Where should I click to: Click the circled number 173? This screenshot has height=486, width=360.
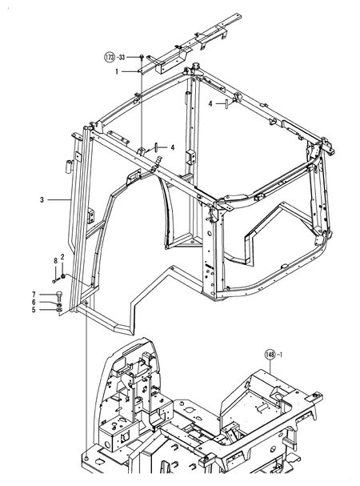click(110, 58)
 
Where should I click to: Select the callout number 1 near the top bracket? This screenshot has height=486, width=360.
click(116, 72)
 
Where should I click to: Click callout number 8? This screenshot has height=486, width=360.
click(54, 261)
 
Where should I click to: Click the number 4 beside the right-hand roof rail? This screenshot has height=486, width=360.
click(210, 102)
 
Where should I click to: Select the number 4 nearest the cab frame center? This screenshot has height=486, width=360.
click(171, 147)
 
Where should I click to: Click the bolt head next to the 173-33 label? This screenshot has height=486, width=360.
click(141, 56)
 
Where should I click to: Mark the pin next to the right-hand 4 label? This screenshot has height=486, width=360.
click(228, 102)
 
